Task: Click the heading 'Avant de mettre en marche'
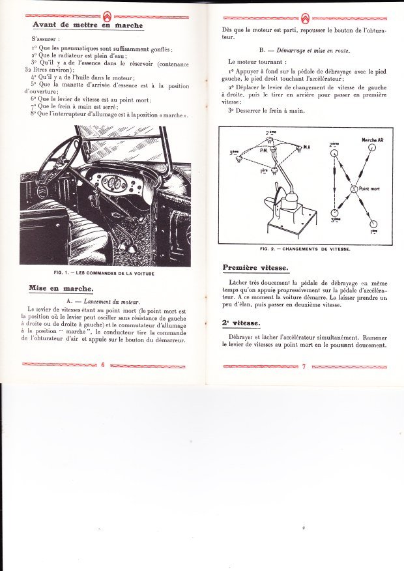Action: point(87,25)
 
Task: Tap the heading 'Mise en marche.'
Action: point(61,287)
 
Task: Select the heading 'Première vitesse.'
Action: point(256,267)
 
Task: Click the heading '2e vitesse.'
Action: point(242,323)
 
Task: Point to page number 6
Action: point(103,365)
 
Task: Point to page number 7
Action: point(304,366)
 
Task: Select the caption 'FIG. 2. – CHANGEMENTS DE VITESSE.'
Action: point(305,249)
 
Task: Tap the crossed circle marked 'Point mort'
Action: point(354,188)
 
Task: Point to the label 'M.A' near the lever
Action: point(306,148)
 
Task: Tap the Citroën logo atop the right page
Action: point(304,18)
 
